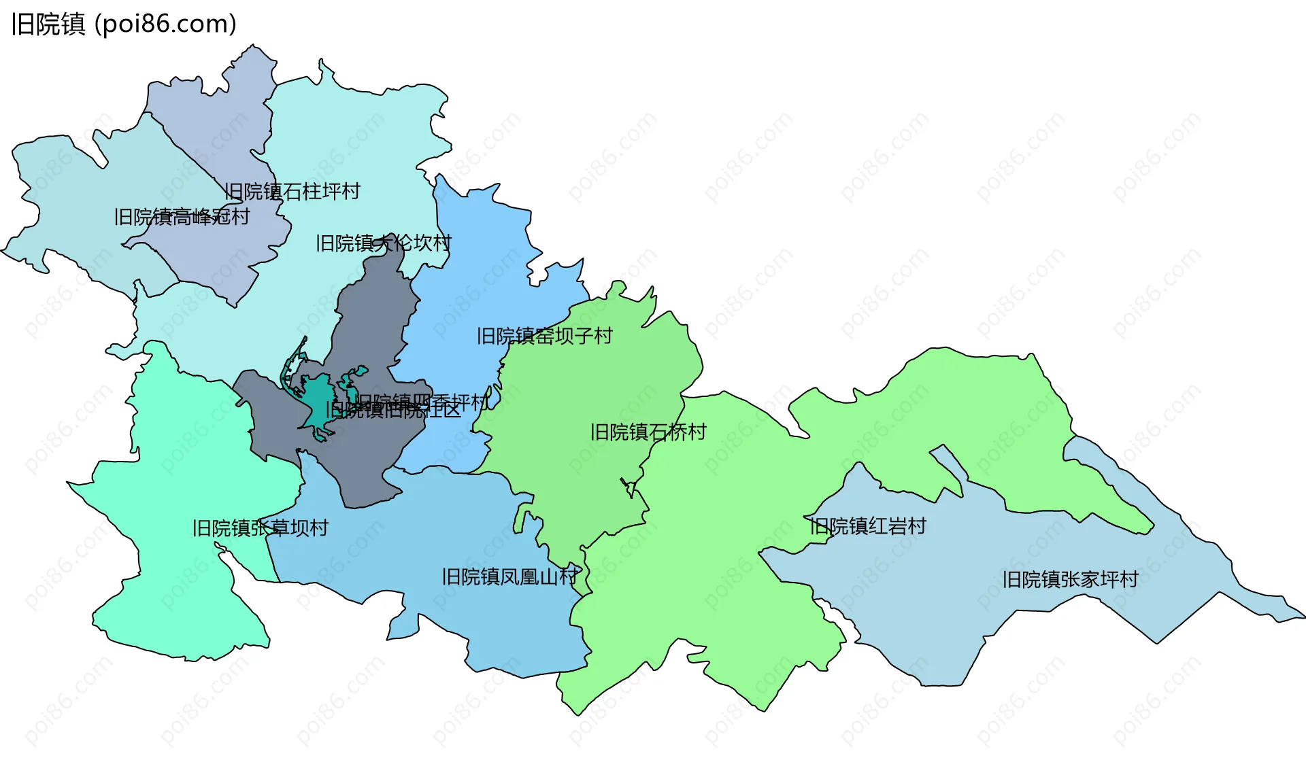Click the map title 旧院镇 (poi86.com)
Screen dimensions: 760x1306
point(124,24)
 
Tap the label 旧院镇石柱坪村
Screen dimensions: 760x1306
point(292,192)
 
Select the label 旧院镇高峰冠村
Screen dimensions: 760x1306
point(182,217)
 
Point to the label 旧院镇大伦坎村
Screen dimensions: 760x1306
point(383,243)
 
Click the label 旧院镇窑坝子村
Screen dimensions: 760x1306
point(544,336)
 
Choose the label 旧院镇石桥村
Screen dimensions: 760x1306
point(648,432)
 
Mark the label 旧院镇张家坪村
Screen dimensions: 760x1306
point(1070,580)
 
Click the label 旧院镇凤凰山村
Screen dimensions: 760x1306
point(510,577)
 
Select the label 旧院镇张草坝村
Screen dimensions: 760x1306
point(260,528)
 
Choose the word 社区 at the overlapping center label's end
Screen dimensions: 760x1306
point(446,410)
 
